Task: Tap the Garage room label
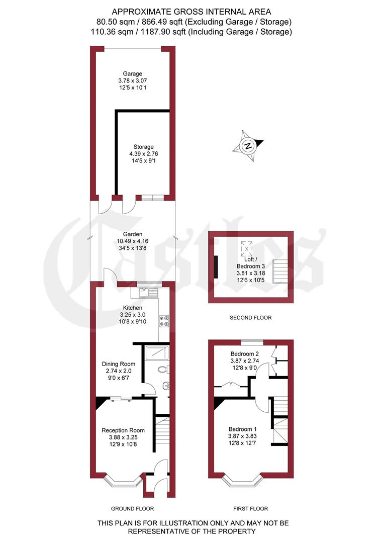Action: [x=134, y=74]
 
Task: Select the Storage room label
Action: [x=140, y=147]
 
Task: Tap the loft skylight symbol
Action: [x=247, y=248]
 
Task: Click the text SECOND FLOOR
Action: [x=250, y=318]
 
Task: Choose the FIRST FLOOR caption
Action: [x=251, y=508]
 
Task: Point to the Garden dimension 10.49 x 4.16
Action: [x=133, y=241]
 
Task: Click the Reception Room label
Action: [x=123, y=430]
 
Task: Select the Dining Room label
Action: [x=119, y=364]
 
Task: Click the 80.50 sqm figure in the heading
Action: [x=110, y=22]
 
